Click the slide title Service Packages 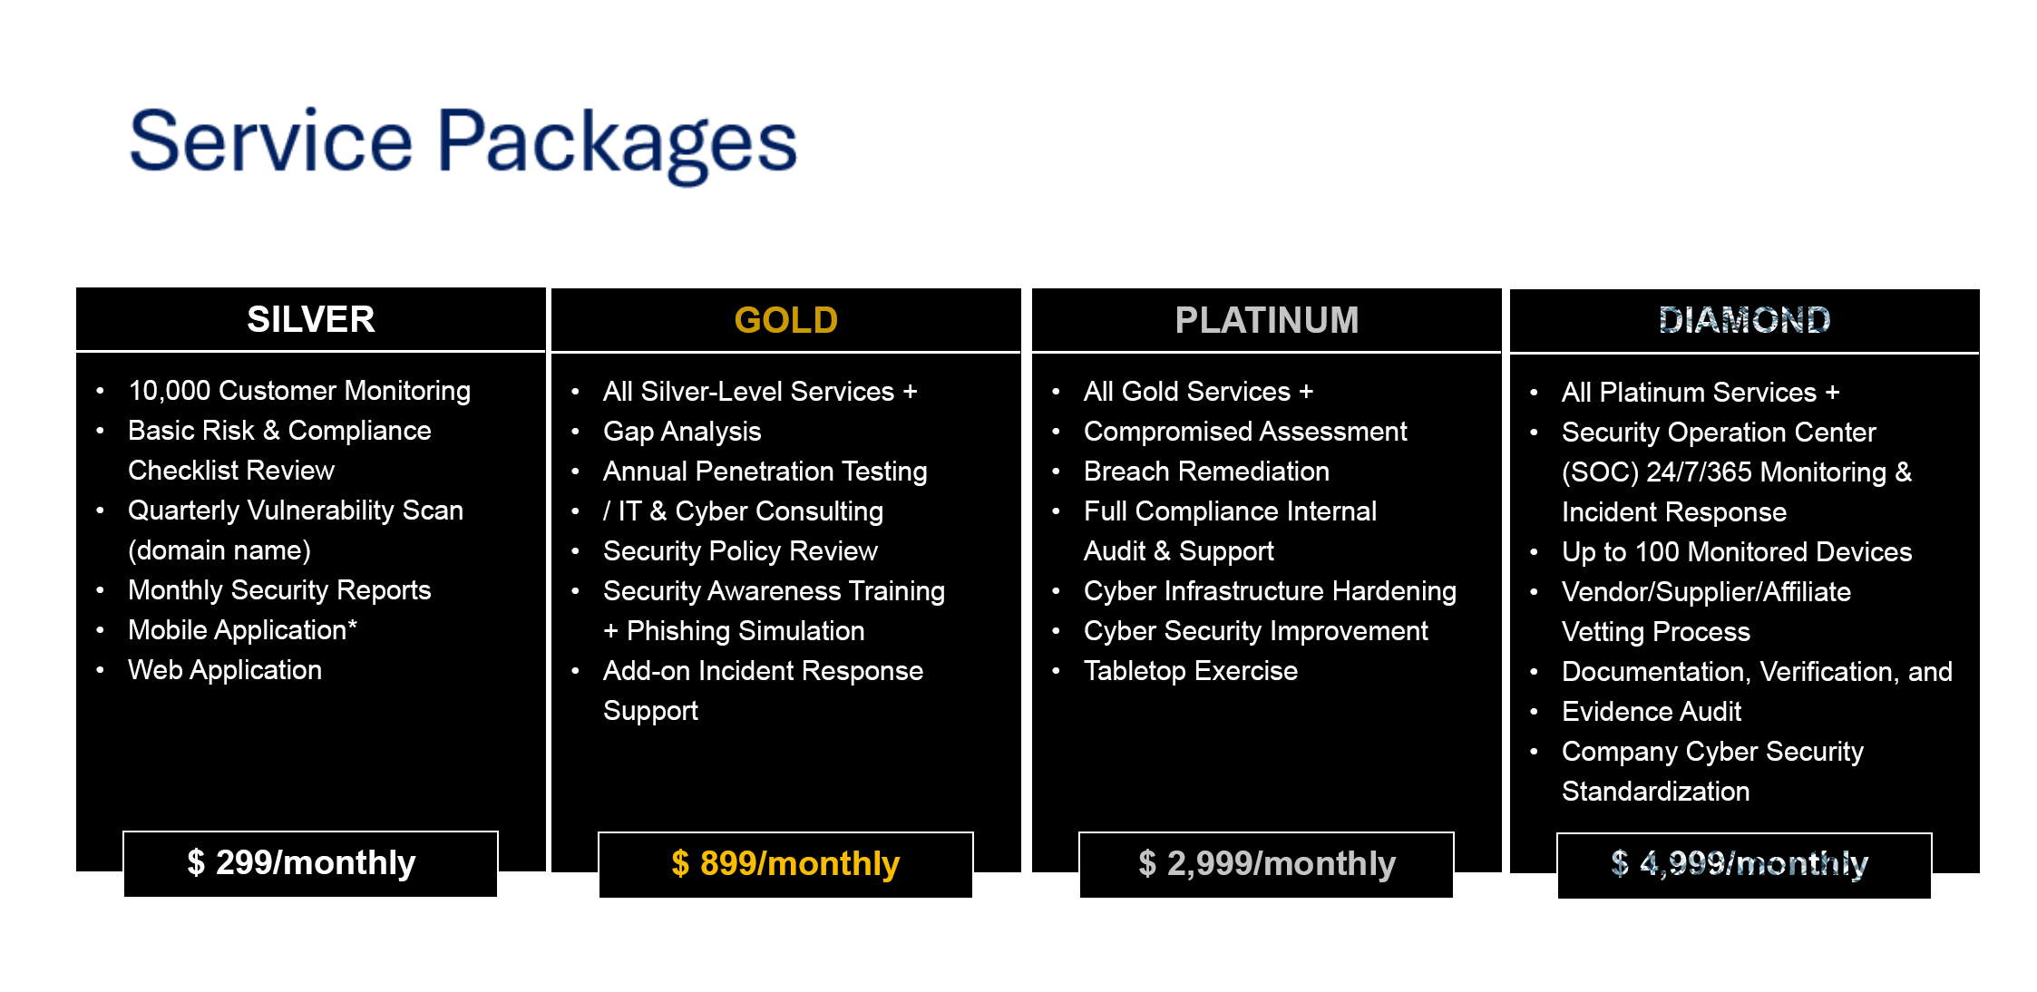click(463, 143)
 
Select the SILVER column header click(310, 319)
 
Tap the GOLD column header click(785, 320)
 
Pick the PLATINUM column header click(1266, 320)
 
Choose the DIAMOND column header click(1744, 320)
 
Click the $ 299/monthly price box click(310, 863)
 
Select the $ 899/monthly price click(785, 864)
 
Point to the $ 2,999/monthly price click(1266, 864)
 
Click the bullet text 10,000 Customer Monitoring click(299, 391)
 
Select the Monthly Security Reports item click(279, 590)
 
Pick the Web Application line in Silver click(225, 670)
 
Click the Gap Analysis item click(682, 432)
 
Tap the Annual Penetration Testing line click(765, 472)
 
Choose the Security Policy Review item click(740, 551)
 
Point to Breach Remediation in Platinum click(1206, 472)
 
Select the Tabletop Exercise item click(1191, 671)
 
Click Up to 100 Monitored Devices click(1737, 552)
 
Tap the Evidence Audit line click(1652, 712)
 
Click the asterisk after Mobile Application click(352, 625)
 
